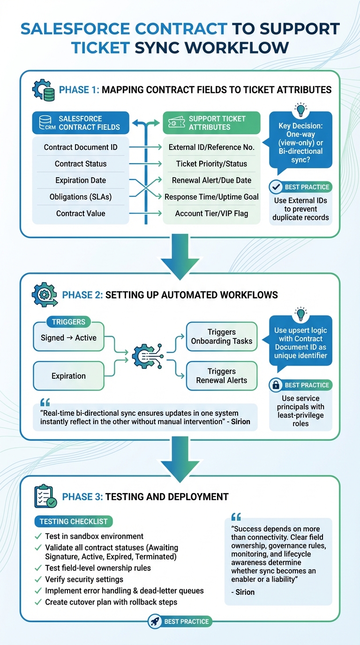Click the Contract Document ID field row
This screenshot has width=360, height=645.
81,147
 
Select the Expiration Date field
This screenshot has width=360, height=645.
81,180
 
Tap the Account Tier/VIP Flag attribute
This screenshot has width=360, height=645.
211,213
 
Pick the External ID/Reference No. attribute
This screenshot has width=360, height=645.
211,147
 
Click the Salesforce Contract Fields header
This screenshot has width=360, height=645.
81,123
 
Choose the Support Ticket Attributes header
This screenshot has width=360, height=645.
211,123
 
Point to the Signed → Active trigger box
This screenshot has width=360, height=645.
69,337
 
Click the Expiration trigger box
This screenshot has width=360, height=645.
69,376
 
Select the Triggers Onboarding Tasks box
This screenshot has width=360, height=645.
222,337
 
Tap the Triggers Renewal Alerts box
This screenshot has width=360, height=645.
222,376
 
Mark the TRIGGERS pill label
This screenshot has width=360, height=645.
68,322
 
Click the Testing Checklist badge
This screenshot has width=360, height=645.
74,521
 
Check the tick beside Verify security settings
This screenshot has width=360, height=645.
38,579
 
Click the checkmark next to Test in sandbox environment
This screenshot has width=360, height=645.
38,536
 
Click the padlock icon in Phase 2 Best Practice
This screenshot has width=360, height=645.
276,385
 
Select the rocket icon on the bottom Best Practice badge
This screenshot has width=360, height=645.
155,622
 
